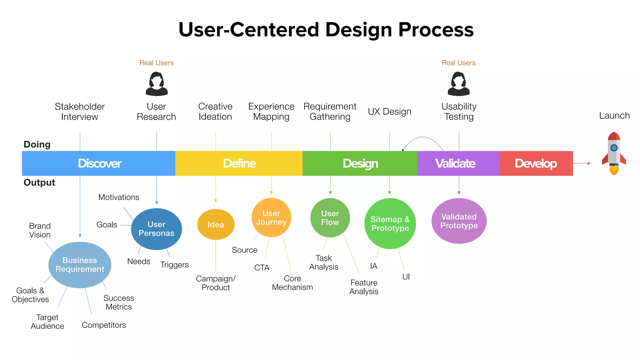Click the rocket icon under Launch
point(614,153)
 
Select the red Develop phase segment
point(536,163)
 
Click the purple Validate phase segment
point(458,163)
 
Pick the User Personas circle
point(157,229)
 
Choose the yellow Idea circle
point(216,225)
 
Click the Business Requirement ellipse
point(80,265)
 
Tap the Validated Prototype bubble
point(459,221)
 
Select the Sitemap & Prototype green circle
point(390,224)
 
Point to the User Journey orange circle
point(271,217)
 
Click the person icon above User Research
point(157,84)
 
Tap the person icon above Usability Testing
point(458,84)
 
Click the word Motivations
point(119,197)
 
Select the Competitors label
point(104,325)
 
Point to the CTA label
point(262,268)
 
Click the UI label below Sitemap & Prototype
point(406,277)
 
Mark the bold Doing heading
point(37,144)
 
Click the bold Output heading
point(39,182)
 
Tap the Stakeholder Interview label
point(80,112)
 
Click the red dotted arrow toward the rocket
point(582,163)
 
